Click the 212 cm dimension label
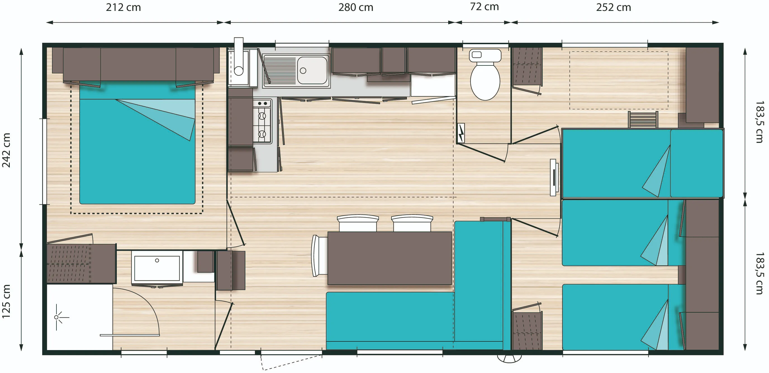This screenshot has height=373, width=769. (123, 8)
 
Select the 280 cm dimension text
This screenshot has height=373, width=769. (355, 8)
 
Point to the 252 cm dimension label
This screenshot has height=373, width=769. (613, 8)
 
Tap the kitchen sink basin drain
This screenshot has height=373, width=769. (303, 71)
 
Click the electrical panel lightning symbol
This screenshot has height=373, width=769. (461, 133)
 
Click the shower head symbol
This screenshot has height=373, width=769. (57, 317)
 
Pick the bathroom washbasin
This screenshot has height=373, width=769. (157, 268)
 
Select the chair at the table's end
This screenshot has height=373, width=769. (319, 256)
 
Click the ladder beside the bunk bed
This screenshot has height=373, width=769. (643, 119)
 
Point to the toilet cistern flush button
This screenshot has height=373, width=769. (476, 55)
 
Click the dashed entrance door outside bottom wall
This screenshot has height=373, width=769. (291, 363)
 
